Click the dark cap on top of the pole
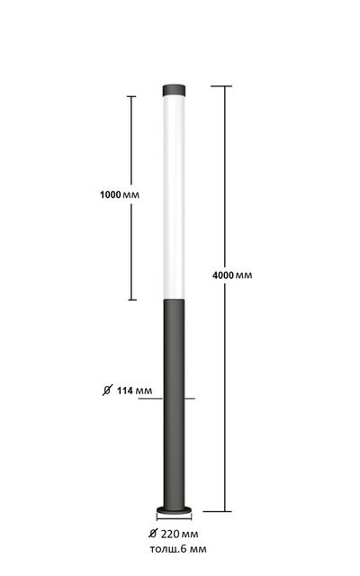click(174, 90)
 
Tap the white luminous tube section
click(174, 197)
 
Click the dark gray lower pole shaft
click(174, 403)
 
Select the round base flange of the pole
click(174, 509)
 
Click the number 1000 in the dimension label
click(110, 194)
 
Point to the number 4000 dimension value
click(223, 275)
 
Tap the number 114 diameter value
click(125, 391)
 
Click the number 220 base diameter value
click(170, 534)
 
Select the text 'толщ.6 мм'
click(178, 549)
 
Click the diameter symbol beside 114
click(107, 390)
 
